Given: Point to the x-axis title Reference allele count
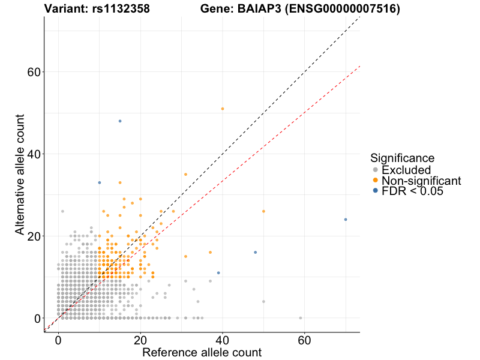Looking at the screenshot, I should [x=202, y=352].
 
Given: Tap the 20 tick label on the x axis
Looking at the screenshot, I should [x=140, y=339].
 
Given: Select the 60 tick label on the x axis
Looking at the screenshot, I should [x=304, y=339].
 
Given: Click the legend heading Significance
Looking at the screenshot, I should [x=402, y=158].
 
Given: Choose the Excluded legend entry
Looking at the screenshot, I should [x=406, y=170].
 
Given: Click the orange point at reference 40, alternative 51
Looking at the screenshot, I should [x=223, y=109].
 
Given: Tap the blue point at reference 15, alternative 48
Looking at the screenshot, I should [x=120, y=121].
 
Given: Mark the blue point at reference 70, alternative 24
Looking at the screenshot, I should [x=346, y=220].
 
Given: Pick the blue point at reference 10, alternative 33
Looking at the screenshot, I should [x=100, y=182].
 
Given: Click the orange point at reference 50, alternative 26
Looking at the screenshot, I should [x=263, y=211].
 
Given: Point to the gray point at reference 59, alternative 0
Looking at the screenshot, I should [x=301, y=318].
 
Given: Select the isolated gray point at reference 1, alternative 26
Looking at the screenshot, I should [x=62, y=211].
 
